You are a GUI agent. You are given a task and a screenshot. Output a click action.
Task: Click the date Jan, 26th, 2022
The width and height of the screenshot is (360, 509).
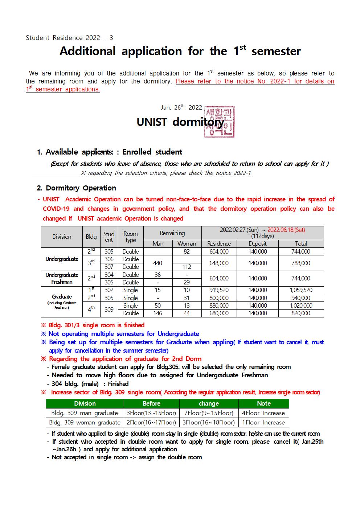pyautogui.click(x=181, y=107)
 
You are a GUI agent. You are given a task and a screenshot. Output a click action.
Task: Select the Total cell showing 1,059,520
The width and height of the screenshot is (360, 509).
pyautogui.click(x=301, y=290)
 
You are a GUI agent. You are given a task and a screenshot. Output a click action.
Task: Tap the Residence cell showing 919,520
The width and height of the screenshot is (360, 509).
pyautogui.click(x=219, y=290)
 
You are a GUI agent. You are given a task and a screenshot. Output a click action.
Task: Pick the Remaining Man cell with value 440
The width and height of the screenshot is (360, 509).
pyautogui.click(x=158, y=263)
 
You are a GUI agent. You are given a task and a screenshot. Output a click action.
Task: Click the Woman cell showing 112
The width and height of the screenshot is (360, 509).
pyautogui.click(x=187, y=267)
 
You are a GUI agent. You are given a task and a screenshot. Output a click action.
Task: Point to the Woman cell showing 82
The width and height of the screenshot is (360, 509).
pyautogui.click(x=187, y=251)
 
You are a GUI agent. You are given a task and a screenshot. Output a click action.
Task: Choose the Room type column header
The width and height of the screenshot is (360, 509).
pyautogui.click(x=131, y=237)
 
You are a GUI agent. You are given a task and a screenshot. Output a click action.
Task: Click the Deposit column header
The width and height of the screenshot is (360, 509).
pyautogui.click(x=258, y=244)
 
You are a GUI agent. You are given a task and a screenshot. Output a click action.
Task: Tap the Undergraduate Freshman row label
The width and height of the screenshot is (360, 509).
pyautogui.click(x=62, y=278)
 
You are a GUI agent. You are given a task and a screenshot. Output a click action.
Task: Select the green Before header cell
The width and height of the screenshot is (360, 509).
pyautogui.click(x=151, y=403)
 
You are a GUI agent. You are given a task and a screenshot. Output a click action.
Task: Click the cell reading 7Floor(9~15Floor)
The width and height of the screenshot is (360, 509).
pyautogui.click(x=209, y=413)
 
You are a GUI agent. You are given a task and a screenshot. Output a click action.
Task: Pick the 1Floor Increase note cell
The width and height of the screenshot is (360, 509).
pyautogui.click(x=263, y=422)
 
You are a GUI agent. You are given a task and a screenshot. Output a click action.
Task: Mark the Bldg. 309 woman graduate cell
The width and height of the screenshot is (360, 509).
pyautogui.click(x=85, y=422)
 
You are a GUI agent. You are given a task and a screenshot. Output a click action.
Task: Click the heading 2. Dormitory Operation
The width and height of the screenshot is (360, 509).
pyautogui.click(x=77, y=188)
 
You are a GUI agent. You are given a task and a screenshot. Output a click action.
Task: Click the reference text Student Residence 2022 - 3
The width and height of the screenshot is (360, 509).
pyautogui.click(x=69, y=38)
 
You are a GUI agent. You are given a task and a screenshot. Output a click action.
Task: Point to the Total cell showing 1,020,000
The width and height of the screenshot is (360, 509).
pyautogui.click(x=301, y=305)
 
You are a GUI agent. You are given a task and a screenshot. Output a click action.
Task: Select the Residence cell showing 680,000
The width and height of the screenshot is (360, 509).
pyautogui.click(x=219, y=313)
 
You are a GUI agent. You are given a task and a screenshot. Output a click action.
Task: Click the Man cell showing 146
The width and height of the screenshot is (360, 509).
pyautogui.click(x=158, y=313)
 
